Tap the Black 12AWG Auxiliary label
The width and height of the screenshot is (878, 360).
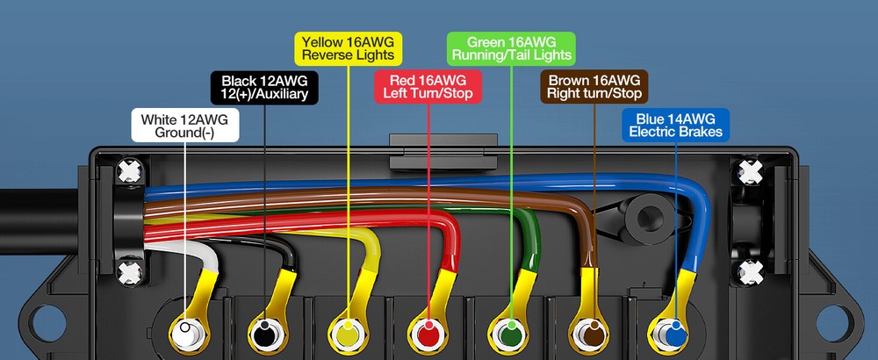[x=264, y=87]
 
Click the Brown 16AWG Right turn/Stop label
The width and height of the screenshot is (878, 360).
[x=594, y=87]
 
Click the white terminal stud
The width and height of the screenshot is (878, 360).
[x=185, y=335]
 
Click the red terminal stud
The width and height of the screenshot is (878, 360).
[x=428, y=335]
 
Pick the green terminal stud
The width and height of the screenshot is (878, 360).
[x=510, y=335]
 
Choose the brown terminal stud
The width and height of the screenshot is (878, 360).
[x=592, y=335]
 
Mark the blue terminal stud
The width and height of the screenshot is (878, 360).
[x=673, y=335]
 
